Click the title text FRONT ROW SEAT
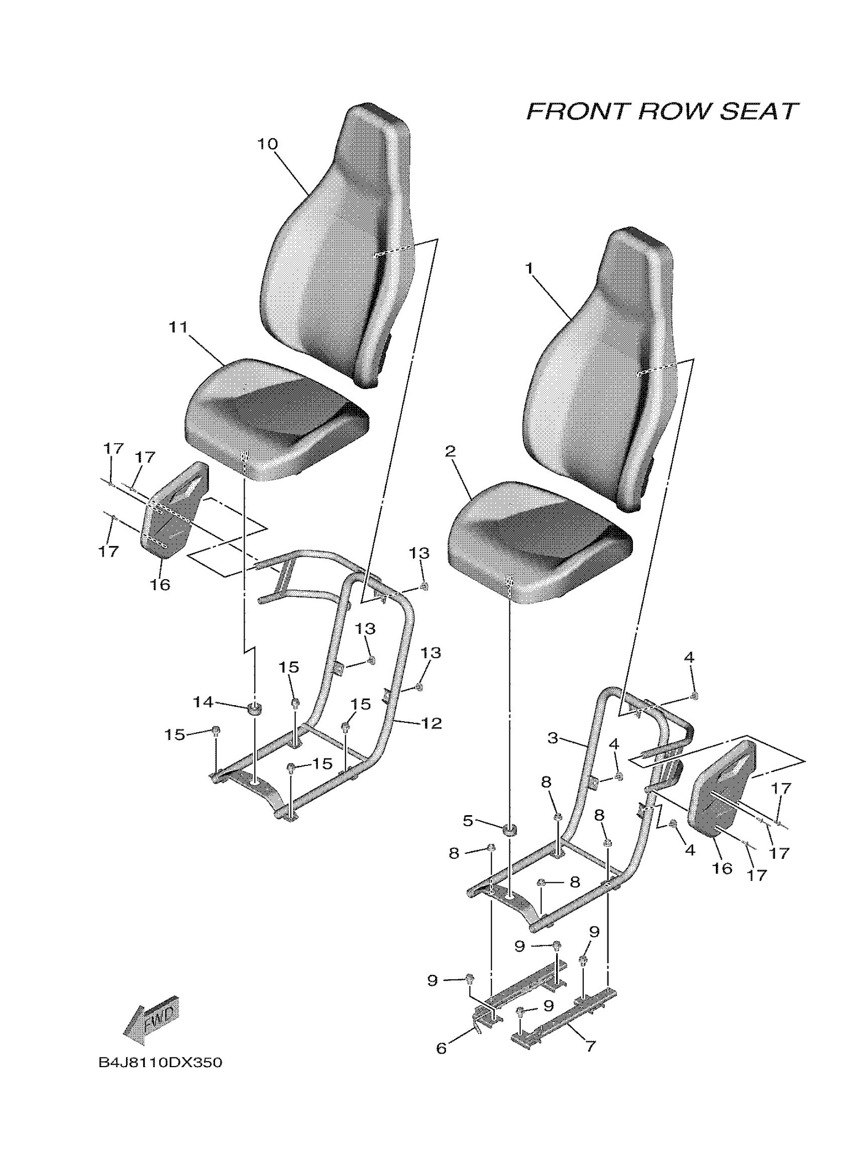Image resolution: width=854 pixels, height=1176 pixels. tap(662, 111)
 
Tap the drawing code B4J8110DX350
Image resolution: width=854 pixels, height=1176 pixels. tap(160, 1063)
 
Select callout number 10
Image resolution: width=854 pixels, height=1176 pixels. tap(268, 144)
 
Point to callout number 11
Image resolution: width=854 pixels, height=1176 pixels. tap(177, 327)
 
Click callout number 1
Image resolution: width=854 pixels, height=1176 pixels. tap(529, 268)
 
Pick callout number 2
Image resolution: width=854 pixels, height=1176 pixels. tap(450, 451)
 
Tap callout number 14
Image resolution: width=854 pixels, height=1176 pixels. tap(203, 702)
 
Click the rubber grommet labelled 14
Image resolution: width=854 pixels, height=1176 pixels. tap(254, 708)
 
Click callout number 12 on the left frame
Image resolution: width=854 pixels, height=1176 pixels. tap(432, 723)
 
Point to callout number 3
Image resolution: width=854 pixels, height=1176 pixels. tap(553, 737)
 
